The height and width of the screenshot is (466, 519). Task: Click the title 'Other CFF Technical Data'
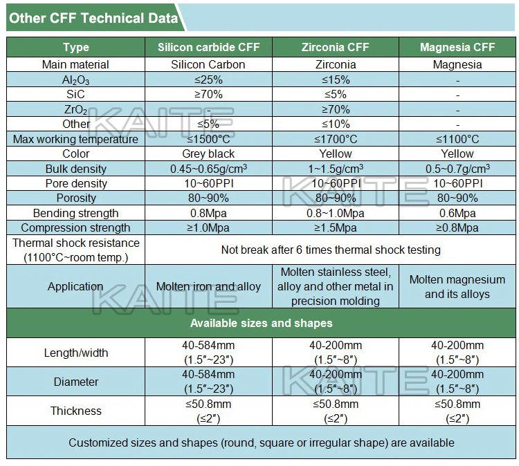point(94,18)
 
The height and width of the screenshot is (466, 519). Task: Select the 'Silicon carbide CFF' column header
point(208,48)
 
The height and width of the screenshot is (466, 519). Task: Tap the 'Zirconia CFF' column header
point(336,48)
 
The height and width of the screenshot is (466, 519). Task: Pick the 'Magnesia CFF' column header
point(457,48)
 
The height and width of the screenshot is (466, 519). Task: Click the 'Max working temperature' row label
point(76,139)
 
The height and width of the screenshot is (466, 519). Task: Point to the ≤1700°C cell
point(336,139)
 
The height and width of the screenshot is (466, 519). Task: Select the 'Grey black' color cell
point(208,154)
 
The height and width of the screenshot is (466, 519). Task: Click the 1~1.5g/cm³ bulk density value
point(336,169)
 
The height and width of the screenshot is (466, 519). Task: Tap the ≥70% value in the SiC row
point(208,94)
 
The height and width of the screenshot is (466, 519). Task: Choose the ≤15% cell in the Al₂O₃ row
point(336,80)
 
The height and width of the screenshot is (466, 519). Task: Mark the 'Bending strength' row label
point(76,213)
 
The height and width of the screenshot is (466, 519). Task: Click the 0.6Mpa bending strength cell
point(457,213)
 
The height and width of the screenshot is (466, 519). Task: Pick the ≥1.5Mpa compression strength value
point(336,227)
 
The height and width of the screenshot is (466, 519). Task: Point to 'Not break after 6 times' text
point(331,250)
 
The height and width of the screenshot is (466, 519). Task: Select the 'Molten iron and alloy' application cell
point(208,286)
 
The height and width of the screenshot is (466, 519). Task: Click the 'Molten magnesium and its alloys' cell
point(457,287)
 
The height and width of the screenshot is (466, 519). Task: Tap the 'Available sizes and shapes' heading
point(262,323)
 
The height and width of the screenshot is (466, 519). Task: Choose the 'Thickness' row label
point(76,411)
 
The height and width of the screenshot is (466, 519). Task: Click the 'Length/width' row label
point(76,353)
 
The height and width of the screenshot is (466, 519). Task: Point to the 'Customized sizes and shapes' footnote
point(262,442)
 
